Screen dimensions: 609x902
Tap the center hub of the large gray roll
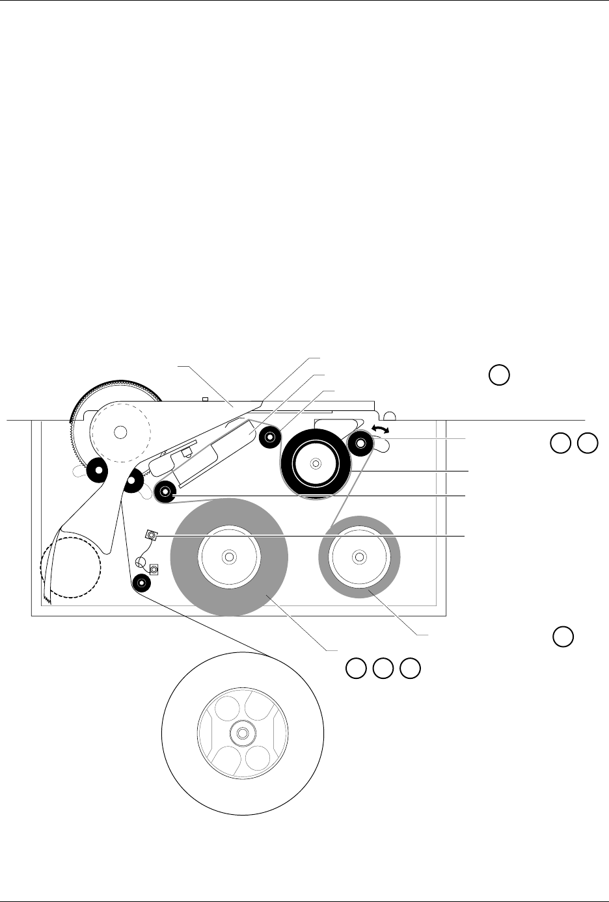click(229, 557)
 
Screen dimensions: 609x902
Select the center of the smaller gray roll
click(359, 557)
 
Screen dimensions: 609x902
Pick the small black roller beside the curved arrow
click(360, 445)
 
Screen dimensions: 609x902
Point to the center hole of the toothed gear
click(120, 431)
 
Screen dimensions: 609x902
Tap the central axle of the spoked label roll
click(242, 733)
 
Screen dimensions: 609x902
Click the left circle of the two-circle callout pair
click(559, 443)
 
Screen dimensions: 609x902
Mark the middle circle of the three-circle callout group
click(383, 667)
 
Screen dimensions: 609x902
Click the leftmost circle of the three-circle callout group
click(355, 667)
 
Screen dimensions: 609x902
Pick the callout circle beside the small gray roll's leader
click(563, 637)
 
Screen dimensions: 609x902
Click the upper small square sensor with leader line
click(151, 535)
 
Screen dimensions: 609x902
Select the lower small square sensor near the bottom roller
click(154, 570)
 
